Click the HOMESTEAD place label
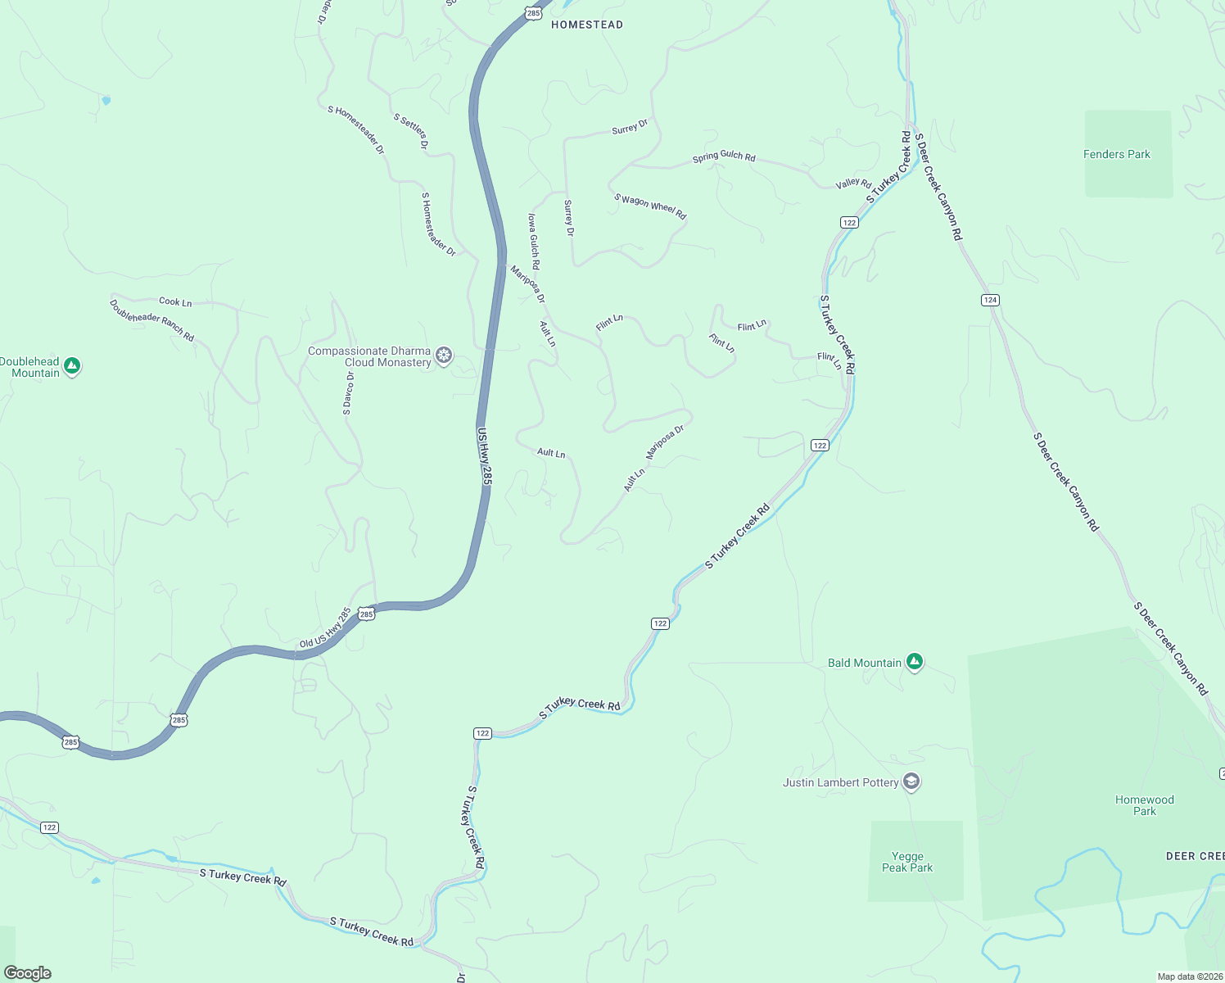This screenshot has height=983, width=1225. pyautogui.click(x=586, y=25)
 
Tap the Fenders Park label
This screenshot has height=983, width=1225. pyautogui.click(x=1116, y=154)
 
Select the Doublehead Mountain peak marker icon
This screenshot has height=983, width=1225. pyautogui.click(x=72, y=366)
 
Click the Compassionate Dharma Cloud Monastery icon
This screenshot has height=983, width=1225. pyautogui.click(x=444, y=356)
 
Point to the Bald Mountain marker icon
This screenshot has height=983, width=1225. pyautogui.click(x=915, y=662)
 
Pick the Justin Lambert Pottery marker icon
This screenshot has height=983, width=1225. pyautogui.click(x=911, y=781)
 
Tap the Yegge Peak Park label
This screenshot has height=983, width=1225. pyautogui.click(x=907, y=862)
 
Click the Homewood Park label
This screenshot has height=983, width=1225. pyautogui.click(x=1144, y=805)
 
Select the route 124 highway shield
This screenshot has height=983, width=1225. pyautogui.click(x=990, y=300)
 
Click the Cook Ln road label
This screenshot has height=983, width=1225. pyautogui.click(x=175, y=302)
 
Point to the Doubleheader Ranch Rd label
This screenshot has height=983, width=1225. pyautogui.click(x=151, y=320)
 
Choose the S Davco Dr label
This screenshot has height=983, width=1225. pyautogui.click(x=348, y=393)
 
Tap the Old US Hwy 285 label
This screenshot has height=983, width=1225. pyautogui.click(x=325, y=627)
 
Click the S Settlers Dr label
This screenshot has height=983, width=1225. pyautogui.click(x=411, y=131)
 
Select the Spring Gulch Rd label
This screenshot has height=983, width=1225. pyautogui.click(x=724, y=156)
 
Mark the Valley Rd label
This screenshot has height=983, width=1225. pyautogui.click(x=853, y=183)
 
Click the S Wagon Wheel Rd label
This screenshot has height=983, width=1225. pyautogui.click(x=650, y=206)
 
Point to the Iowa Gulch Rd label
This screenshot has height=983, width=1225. pyautogui.click(x=533, y=242)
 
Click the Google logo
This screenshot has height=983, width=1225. pyautogui.click(x=27, y=973)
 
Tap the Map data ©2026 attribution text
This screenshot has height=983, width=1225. pyautogui.click(x=1189, y=976)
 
